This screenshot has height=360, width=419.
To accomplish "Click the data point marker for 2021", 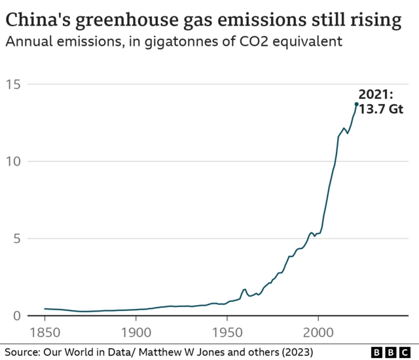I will (x=356, y=104).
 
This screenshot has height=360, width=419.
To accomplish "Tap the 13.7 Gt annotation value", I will (x=380, y=109).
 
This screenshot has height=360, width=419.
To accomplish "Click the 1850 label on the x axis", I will (x=45, y=331).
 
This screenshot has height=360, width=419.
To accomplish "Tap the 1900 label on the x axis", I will (x=136, y=331).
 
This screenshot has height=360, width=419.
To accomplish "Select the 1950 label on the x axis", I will (x=227, y=331).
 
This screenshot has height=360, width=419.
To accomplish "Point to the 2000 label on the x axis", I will (x=318, y=331).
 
